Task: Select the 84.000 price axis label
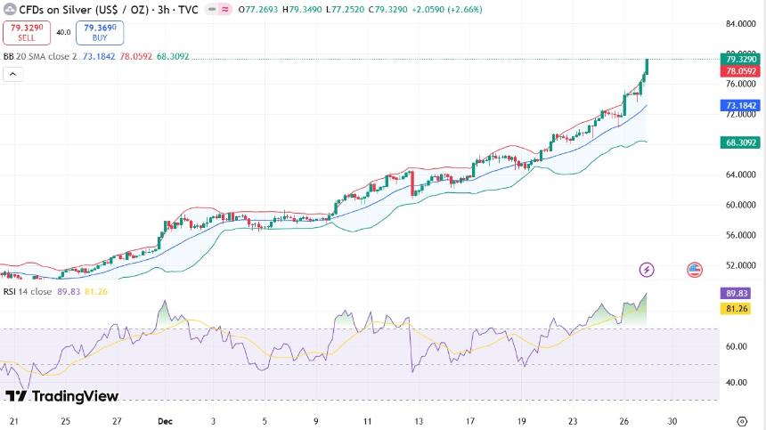click(740, 24)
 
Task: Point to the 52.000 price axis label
click(740, 265)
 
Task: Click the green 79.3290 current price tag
click(741, 59)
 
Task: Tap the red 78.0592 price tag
click(741, 71)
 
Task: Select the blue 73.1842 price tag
click(741, 105)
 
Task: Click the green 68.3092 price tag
click(741, 142)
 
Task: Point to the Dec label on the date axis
click(165, 420)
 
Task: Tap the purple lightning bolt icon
click(648, 269)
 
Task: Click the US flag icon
click(695, 269)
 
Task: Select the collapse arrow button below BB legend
click(12, 74)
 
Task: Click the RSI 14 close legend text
click(27, 291)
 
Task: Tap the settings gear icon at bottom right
click(741, 420)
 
